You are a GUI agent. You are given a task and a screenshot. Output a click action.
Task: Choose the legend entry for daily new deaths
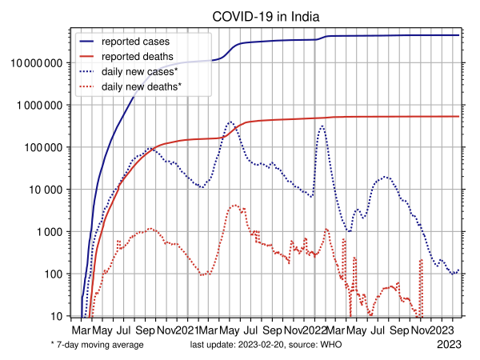(x=152, y=85)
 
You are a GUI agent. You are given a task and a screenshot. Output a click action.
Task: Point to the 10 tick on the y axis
(x=58, y=317)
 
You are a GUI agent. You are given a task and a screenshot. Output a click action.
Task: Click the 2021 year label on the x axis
(x=187, y=330)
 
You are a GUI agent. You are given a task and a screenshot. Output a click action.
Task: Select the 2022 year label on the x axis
(x=315, y=330)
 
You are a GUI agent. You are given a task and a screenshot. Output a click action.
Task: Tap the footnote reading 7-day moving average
(x=99, y=345)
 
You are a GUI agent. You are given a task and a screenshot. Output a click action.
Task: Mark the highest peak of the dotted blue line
(x=230, y=122)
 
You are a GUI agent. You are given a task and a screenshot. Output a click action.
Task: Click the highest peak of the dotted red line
(x=235, y=206)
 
